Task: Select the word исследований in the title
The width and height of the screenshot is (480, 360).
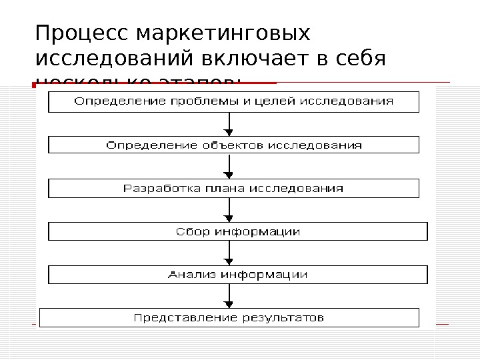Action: coord(115,60)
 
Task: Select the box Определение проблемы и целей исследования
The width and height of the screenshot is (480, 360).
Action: coord(233,102)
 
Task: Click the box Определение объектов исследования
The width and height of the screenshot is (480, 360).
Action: coord(233,145)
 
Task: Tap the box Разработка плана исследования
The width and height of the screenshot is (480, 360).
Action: coord(233,189)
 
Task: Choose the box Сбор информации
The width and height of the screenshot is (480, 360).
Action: coord(237,231)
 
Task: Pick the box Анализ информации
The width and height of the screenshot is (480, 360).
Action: coord(237,274)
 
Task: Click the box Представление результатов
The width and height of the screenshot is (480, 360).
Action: coord(229,317)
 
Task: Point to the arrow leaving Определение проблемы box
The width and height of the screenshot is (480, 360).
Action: coord(230,124)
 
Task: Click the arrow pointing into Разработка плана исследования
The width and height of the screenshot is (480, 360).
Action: coord(230,167)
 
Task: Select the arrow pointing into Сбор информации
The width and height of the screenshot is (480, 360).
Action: coord(230,210)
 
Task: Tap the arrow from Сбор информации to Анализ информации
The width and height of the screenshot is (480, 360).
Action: coord(230,253)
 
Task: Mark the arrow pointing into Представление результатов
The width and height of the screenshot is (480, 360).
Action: coord(230,295)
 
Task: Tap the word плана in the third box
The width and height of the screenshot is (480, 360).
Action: coord(225,189)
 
